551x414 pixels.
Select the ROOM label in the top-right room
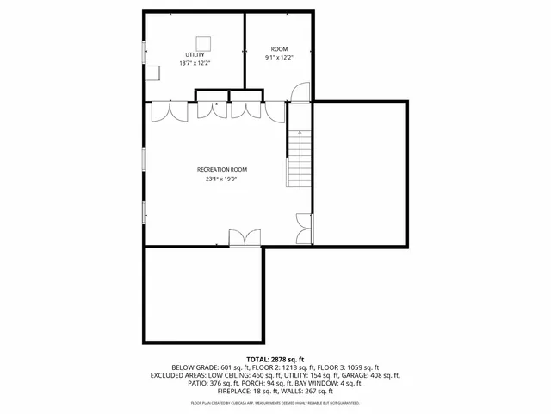(279, 49)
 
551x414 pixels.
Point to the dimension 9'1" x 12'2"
(279, 58)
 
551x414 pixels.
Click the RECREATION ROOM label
(221, 170)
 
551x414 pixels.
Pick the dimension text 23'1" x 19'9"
(221, 179)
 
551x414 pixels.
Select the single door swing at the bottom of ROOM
(298, 92)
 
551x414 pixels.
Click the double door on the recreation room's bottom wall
(245, 236)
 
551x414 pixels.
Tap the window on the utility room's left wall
(144, 46)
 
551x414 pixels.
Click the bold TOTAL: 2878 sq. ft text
(275, 359)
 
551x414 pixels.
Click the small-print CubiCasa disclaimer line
(275, 402)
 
